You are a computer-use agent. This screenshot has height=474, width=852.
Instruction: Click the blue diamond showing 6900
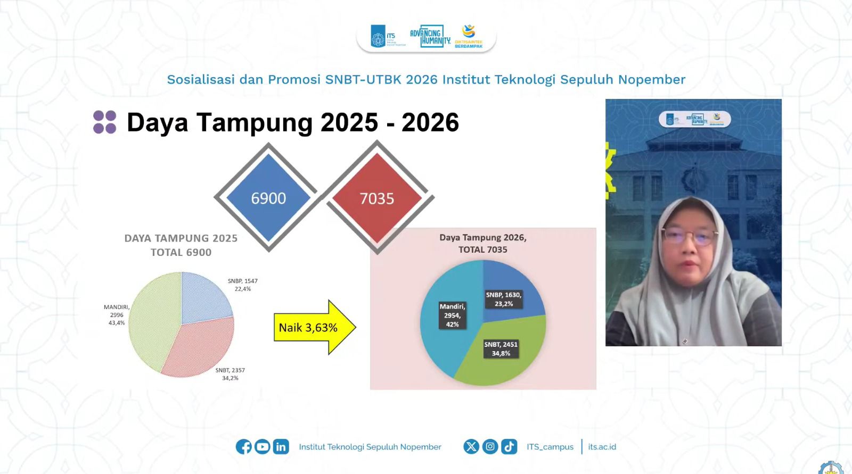point(268,198)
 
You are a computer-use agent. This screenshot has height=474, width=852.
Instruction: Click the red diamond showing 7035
point(377,198)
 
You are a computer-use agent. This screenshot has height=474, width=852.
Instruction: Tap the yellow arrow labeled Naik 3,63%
point(314,327)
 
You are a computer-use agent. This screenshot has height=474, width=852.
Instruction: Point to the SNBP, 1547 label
point(243,285)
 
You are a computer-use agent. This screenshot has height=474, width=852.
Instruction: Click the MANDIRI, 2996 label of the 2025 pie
point(117,314)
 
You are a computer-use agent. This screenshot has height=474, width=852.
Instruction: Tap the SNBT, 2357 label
point(230,374)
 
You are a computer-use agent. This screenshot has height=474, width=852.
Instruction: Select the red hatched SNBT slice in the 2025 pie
point(202,346)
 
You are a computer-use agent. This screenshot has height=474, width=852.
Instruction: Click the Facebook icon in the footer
point(244,447)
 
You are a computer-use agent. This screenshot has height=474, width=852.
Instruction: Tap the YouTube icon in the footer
point(262,447)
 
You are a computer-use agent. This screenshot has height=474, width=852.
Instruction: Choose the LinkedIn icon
point(281,447)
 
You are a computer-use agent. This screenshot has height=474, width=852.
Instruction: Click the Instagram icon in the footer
point(490,447)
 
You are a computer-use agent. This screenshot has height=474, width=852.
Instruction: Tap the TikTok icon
point(509,447)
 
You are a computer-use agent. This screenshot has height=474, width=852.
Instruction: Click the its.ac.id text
point(602,447)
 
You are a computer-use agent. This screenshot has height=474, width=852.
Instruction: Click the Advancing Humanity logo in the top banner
point(430,37)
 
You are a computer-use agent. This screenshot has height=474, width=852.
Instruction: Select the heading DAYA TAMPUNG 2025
point(181,238)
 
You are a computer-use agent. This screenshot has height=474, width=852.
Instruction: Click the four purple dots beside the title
point(105,122)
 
